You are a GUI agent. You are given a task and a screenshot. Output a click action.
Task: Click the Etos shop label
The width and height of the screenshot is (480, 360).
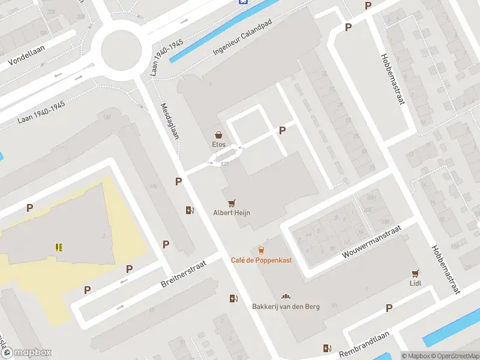click(218, 145)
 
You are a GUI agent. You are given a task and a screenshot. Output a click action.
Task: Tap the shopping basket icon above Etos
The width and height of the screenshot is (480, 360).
click(219, 135)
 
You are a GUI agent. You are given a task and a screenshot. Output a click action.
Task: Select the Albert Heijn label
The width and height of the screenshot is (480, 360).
click(232, 212)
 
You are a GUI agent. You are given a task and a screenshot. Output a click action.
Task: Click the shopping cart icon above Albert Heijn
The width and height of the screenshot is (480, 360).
click(232, 203)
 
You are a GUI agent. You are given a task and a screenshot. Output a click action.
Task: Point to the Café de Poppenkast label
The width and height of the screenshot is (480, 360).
click(261, 260)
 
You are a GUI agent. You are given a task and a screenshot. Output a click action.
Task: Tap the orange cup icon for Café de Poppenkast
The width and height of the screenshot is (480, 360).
click(261, 250)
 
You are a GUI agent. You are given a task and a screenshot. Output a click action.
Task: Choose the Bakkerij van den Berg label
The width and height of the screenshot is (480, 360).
click(286, 307)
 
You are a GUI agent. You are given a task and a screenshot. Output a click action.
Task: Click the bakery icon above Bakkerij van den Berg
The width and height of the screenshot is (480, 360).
click(286, 297)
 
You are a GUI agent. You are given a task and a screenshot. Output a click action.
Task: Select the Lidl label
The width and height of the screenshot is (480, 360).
click(415, 283)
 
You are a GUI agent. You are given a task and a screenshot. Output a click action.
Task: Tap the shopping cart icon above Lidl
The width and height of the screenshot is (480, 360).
click(415, 273)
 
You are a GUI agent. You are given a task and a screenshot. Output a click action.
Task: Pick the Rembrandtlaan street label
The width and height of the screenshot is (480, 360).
click(364, 346)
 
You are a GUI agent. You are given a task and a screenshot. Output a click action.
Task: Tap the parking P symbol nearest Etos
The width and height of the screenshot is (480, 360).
click(282, 130)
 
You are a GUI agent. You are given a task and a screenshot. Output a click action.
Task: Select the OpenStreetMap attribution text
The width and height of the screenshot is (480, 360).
click(453, 356)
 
